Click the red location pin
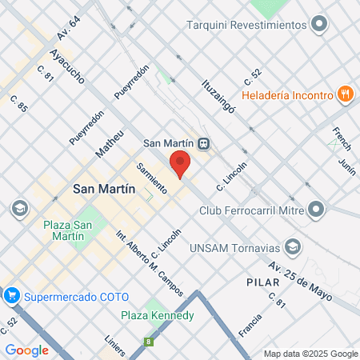click(180, 162)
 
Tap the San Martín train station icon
click(204, 144)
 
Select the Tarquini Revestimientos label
click(246, 24)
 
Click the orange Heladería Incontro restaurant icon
click(346, 94)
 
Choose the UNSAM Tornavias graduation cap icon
click(293, 246)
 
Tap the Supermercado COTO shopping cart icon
click(11, 296)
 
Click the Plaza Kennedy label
click(158, 315)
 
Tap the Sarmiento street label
click(151, 178)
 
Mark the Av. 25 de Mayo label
click(289, 276)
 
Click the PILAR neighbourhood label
click(263, 283)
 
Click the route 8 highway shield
click(147, 342)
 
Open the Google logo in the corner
click(26, 350)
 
